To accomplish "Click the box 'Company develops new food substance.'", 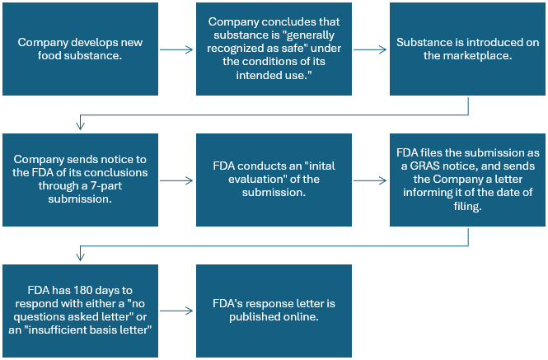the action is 81,49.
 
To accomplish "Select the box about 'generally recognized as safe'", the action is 274,49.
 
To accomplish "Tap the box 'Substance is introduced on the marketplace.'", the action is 467,49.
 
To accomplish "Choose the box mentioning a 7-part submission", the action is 81,180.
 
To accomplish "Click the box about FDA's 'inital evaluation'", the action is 274,180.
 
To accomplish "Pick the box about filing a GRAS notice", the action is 467,180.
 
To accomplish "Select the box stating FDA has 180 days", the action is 81,311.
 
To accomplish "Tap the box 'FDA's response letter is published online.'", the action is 274,311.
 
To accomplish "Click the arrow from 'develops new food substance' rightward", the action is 176,49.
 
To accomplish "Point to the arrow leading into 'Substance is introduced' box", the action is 370,49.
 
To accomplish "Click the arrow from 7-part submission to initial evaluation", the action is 176,180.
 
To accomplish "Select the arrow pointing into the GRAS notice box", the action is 370,180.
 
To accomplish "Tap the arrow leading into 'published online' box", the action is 176,311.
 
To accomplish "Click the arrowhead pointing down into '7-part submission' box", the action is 81,127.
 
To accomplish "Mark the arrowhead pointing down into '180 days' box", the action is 81,257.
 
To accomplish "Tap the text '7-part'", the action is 106,185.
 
